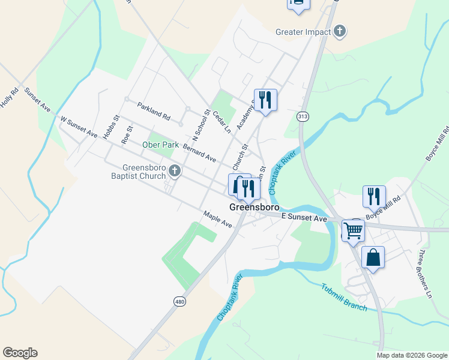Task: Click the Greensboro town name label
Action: point(255,207)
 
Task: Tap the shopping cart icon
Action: point(353,229)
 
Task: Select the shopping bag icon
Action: point(373,257)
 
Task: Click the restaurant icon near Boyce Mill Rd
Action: point(373,196)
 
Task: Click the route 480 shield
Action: point(179,301)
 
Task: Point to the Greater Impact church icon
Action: point(340,31)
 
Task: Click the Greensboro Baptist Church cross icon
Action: point(174,172)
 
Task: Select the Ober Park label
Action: point(160,145)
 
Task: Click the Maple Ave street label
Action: point(217,219)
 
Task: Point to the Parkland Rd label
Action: point(154,109)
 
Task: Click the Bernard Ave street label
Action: point(199,153)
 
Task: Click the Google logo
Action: point(20,353)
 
